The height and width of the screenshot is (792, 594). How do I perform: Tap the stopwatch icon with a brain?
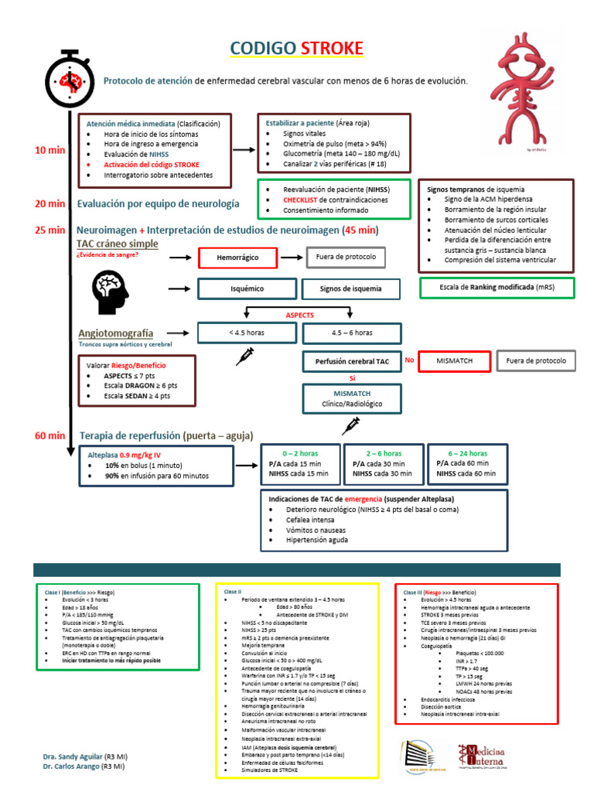[70, 80]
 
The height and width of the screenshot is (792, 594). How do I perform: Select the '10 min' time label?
[49, 150]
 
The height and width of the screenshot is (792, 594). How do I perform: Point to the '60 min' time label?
[49, 435]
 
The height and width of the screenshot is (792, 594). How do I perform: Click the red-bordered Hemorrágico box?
[237, 258]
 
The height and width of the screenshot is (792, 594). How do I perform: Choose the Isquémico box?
[247, 288]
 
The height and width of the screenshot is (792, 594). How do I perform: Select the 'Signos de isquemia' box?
[351, 288]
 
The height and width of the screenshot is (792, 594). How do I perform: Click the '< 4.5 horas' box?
[247, 333]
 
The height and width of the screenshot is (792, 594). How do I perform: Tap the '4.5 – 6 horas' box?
[352, 333]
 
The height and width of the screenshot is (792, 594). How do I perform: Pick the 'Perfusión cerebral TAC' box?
[352, 361]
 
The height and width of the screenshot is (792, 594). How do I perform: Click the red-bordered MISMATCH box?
[455, 360]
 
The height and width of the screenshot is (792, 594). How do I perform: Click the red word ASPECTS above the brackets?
[300, 316]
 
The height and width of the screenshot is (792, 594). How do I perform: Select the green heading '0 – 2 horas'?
[300, 452]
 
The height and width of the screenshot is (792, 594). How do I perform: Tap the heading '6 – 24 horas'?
[468, 452]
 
